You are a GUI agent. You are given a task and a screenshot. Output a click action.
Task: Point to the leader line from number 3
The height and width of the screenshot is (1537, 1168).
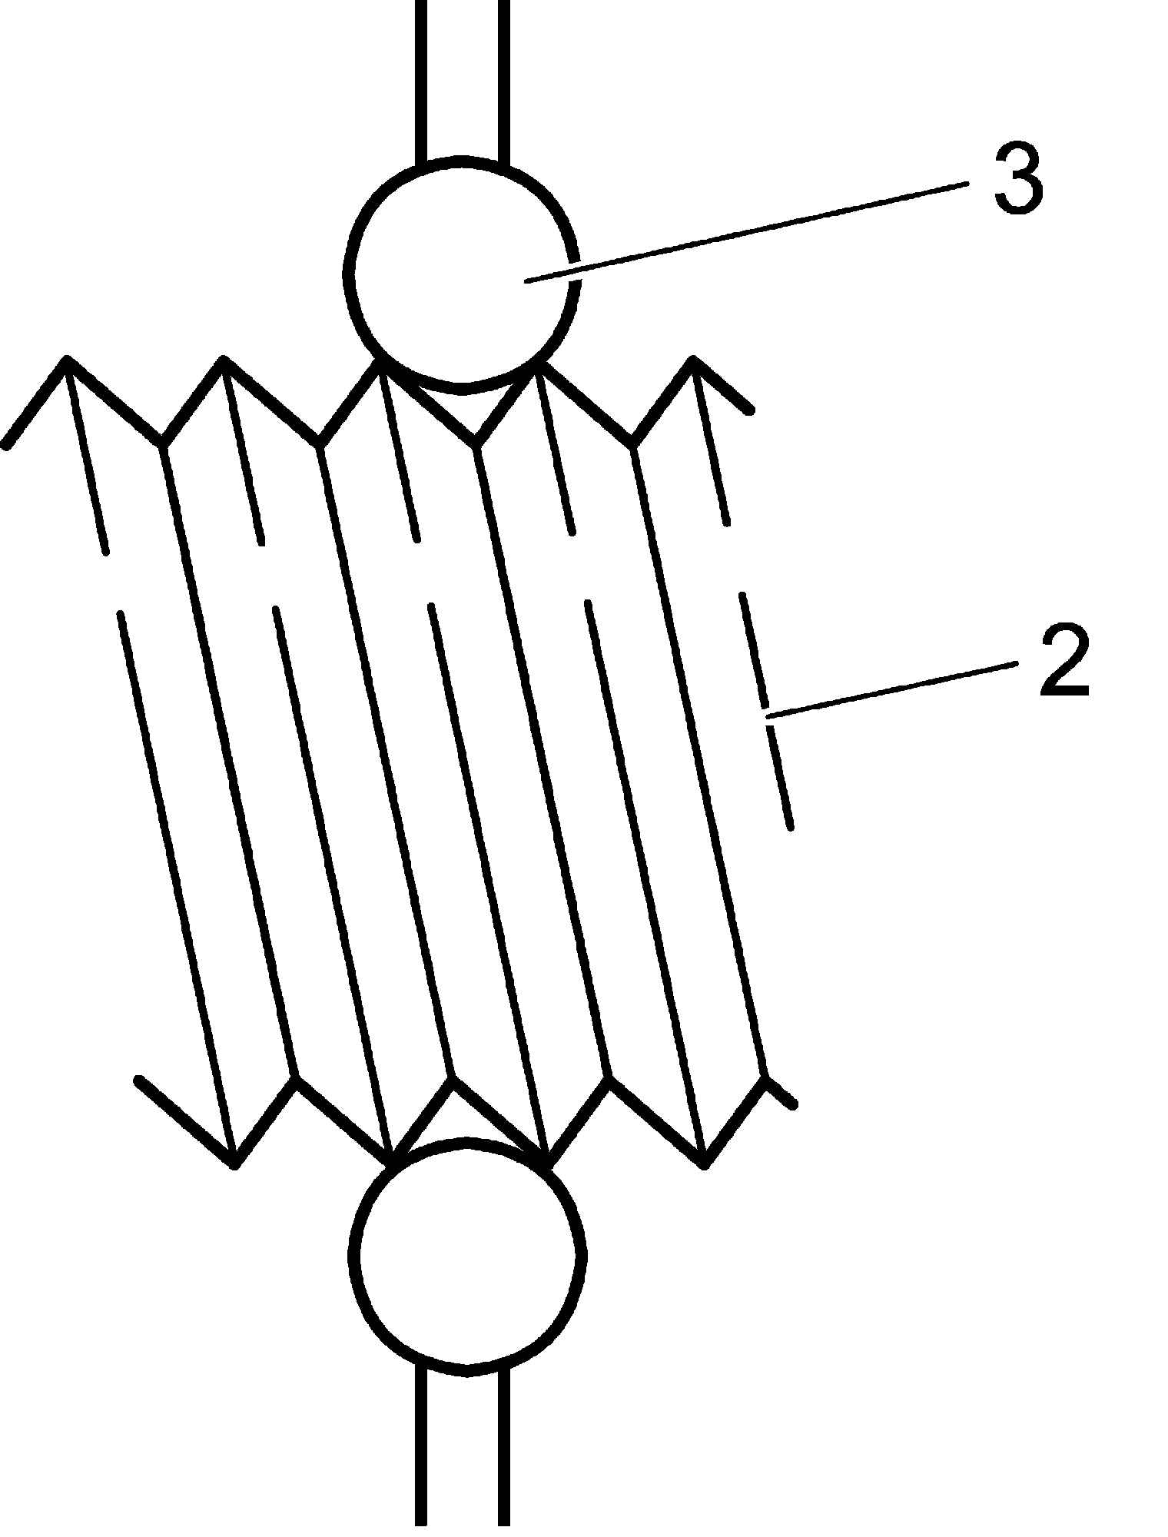[x=745, y=231]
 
